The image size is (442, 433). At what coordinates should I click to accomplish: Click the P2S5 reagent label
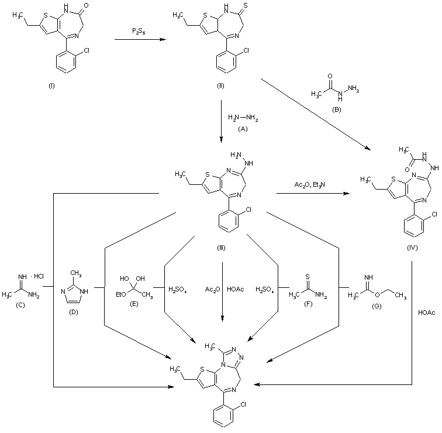(x=139, y=29)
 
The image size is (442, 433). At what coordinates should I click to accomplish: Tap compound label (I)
(x=51, y=85)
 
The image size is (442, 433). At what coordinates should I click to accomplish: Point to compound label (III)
(x=222, y=248)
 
